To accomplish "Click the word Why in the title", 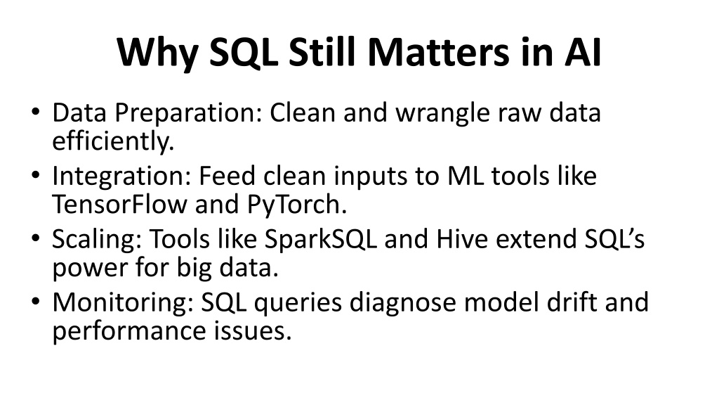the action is click(x=158, y=53).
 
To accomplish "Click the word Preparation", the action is click(x=188, y=113).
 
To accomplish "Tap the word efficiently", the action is click(x=113, y=141).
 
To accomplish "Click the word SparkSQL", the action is click(x=320, y=239).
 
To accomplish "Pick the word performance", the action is click(x=129, y=331).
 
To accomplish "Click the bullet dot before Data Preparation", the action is click(x=36, y=112).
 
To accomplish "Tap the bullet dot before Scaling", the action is click(x=36, y=238).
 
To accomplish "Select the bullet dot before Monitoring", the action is click(x=36, y=301).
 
